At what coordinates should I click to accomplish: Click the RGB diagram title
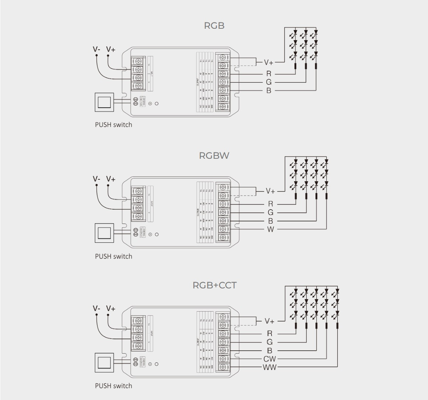click(214, 25)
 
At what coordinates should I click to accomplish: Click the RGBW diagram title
click(214, 155)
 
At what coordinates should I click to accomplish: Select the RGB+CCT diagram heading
click(214, 285)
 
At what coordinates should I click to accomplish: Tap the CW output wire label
click(270, 359)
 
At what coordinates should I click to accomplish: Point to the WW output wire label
click(270, 367)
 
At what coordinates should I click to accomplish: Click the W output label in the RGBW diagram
click(270, 229)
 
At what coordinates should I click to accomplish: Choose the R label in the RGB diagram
click(269, 74)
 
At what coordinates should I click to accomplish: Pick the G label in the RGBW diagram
click(270, 213)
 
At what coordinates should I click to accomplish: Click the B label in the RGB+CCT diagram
click(269, 350)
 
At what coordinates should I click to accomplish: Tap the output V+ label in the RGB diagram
click(269, 62)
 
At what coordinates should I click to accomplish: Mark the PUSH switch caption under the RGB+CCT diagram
click(113, 386)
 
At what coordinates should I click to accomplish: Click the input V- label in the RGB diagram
click(96, 49)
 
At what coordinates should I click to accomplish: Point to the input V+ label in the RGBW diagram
click(111, 179)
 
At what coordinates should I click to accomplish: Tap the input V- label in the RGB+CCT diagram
click(96, 308)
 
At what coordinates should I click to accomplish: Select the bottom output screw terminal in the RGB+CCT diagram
click(223, 367)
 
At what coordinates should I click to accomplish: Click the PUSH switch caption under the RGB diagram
click(113, 124)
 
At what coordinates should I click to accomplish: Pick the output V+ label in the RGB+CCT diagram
click(270, 321)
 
